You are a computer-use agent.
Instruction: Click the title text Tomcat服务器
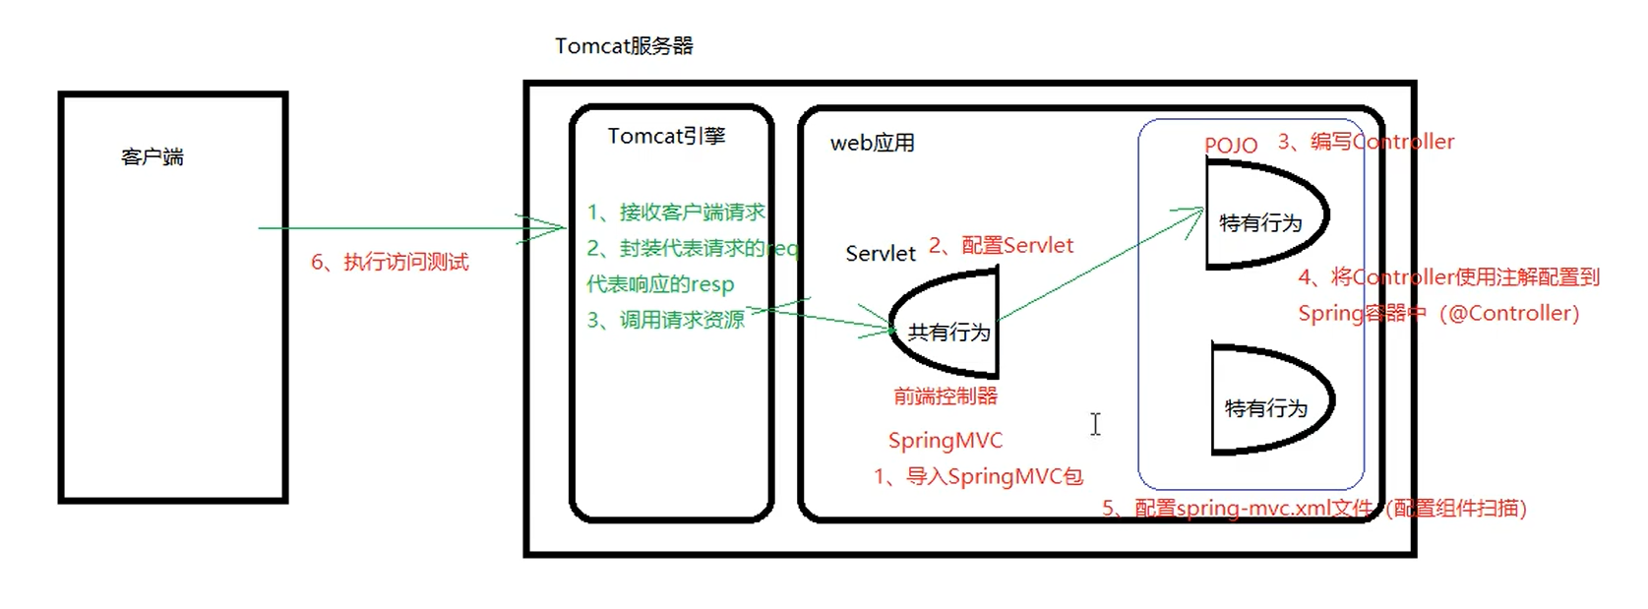point(624,46)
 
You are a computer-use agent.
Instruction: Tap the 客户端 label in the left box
point(153,157)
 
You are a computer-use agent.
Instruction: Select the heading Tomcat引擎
point(666,136)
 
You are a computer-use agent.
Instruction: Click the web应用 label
point(872,144)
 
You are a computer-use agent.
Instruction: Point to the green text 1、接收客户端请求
point(676,213)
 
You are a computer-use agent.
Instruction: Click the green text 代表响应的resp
point(660,284)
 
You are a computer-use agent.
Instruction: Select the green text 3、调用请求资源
point(666,321)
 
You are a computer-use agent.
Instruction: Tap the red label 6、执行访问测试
point(390,262)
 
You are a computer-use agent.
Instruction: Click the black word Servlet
point(880,254)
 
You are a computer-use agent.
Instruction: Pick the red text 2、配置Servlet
point(1001,246)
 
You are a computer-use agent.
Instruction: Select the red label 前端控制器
point(945,396)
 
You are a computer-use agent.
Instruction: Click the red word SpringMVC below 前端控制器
point(945,441)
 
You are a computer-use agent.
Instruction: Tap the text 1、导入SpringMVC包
point(978,477)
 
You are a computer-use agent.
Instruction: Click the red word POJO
point(1230,146)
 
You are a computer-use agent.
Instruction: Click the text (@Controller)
point(1509,314)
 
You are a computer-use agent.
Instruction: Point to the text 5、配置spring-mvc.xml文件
point(1237,509)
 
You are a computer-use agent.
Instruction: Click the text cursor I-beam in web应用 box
point(1095,424)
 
